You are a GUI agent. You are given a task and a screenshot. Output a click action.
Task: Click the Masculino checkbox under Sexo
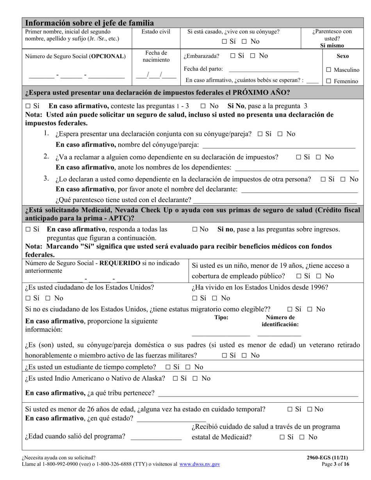[329, 70]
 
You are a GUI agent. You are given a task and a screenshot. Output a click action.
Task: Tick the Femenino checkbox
[329, 81]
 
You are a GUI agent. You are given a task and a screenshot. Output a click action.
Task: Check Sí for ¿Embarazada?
[233, 56]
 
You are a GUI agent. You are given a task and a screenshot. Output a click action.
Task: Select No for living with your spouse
[244, 41]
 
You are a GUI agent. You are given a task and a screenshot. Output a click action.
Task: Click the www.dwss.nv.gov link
[200, 464]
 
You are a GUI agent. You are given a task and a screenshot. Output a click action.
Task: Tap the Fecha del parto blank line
[263, 70]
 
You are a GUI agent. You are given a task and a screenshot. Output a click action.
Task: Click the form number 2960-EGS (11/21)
[327, 458]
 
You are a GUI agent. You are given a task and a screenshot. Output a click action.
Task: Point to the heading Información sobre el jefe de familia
[89, 23]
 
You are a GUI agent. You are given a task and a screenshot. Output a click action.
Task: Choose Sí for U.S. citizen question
[28, 299]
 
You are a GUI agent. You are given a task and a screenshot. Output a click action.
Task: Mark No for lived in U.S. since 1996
[214, 299]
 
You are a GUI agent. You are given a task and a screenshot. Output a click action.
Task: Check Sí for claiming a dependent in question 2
[299, 157]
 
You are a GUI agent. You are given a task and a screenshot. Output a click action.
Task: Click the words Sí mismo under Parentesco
[332, 45]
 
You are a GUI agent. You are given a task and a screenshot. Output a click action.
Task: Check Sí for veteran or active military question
[225, 356]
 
